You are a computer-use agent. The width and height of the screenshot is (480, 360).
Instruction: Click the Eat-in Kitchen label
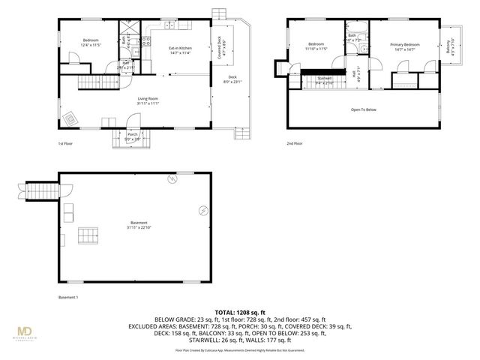click(179, 50)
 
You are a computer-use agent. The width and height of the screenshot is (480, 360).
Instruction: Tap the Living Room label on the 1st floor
click(147, 100)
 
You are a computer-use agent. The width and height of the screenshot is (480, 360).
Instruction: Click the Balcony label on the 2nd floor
click(448, 47)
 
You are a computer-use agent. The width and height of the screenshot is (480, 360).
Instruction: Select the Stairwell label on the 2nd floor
click(325, 79)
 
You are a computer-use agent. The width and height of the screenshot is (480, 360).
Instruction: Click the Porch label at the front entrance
click(132, 136)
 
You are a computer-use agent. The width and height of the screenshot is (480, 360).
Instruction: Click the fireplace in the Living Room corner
click(70, 118)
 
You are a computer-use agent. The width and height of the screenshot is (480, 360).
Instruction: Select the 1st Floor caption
click(65, 143)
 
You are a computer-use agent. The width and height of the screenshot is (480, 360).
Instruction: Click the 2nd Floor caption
click(294, 143)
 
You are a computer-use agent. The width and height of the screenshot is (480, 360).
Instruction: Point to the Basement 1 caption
click(68, 297)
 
